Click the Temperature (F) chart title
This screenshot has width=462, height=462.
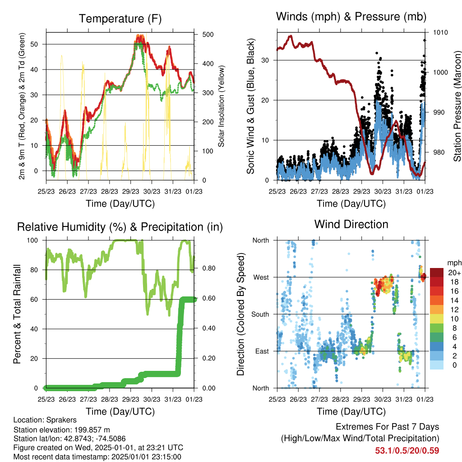pyautogui.click(x=120, y=18)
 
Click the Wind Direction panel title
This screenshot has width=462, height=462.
pyautogui.click(x=351, y=224)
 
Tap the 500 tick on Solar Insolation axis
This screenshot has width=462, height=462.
pyautogui.click(x=208, y=34)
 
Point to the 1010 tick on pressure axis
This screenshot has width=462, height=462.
pyautogui.click(x=440, y=32)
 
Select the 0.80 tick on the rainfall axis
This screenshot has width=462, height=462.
pyautogui.click(x=209, y=268)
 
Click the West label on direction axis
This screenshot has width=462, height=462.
pyautogui.click(x=261, y=277)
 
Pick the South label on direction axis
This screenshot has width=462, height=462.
pyautogui.click(x=260, y=314)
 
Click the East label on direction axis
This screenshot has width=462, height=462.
pyautogui.click(x=262, y=351)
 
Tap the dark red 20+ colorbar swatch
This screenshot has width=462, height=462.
pyautogui.click(x=437, y=273)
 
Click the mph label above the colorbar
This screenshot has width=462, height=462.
pyautogui.click(x=454, y=263)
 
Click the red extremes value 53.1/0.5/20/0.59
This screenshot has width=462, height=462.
pyautogui.click(x=407, y=451)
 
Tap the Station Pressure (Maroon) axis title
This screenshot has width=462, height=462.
pyautogui.click(x=457, y=106)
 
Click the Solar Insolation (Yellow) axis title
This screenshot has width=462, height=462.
pyautogui.click(x=221, y=106)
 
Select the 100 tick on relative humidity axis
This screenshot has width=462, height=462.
pyautogui.click(x=32, y=240)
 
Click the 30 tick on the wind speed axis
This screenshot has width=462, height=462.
pyautogui.click(x=265, y=60)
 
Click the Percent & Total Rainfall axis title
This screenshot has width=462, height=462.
pyautogui.click(x=17, y=314)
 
